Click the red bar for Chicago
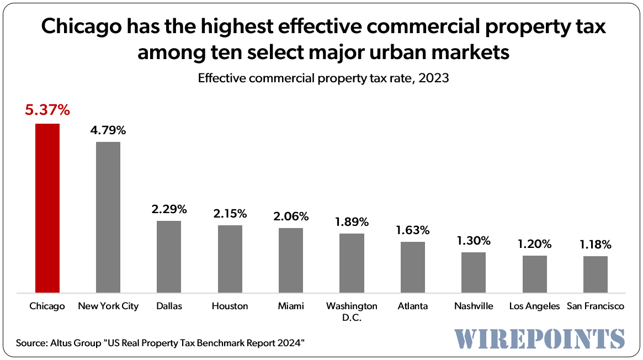click(x=47, y=208)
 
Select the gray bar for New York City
click(x=108, y=217)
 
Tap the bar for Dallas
click(x=169, y=257)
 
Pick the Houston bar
click(x=230, y=259)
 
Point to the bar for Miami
click(x=290, y=260)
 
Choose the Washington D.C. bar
click(x=352, y=263)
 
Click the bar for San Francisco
click(x=595, y=274)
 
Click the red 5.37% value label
click(x=47, y=110)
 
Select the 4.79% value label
click(x=108, y=131)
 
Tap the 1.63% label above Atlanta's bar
click(x=412, y=230)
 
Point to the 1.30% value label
click(x=473, y=241)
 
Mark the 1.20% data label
click(x=534, y=244)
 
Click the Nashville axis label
click(x=473, y=306)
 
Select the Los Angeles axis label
click(x=534, y=306)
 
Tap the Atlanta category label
click(x=412, y=306)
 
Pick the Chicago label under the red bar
click(x=47, y=306)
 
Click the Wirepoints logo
click(x=540, y=338)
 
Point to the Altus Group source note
click(x=161, y=343)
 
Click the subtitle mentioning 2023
click(x=323, y=78)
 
